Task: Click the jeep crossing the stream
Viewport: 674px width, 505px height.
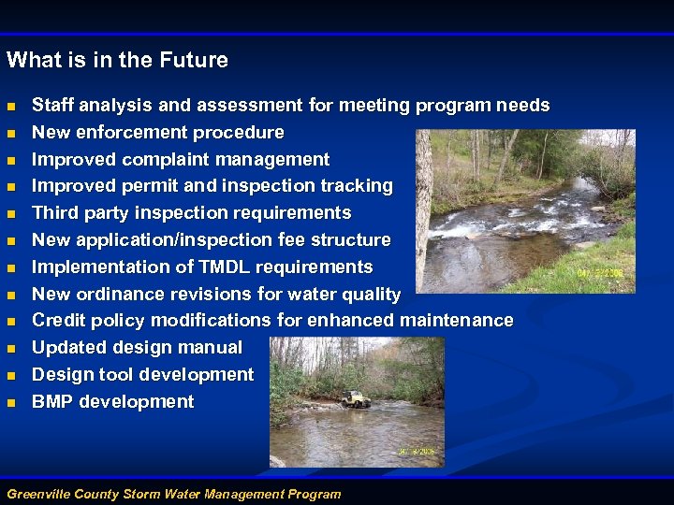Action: pyautogui.click(x=356, y=399)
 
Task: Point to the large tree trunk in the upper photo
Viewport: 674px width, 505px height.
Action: pyautogui.click(x=423, y=206)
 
